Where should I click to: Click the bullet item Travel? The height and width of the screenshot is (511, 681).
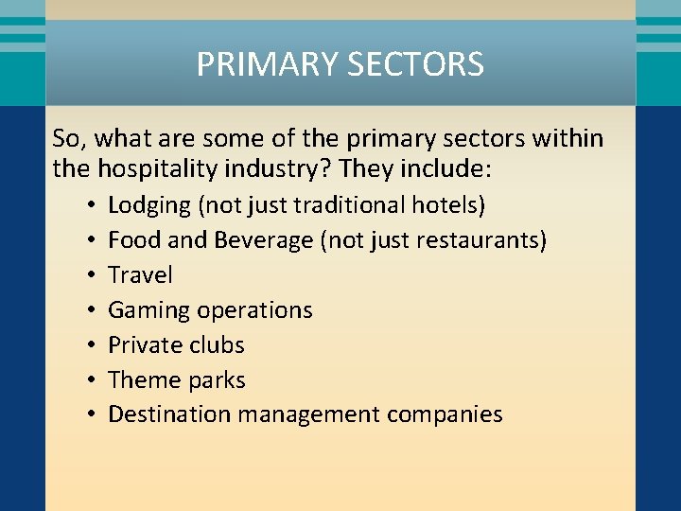(x=140, y=275)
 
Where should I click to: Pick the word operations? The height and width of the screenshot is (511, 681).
(x=257, y=310)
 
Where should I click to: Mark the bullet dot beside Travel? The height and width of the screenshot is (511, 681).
(x=86, y=276)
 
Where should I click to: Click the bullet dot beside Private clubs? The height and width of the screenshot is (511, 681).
(x=86, y=345)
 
